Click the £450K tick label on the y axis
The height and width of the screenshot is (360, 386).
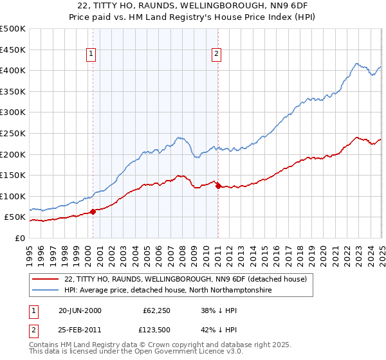coord(13,50)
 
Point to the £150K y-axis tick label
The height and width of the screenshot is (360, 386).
coord(13,175)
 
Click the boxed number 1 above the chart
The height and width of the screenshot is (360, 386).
coord(92,54)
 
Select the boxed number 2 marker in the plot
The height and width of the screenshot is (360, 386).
coord(217,54)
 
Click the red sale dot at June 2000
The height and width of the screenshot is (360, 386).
coord(93,212)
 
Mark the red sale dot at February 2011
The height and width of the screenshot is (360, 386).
coord(218,186)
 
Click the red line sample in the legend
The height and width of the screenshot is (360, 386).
coord(45,280)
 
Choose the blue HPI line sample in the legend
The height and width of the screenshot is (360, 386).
coord(45,291)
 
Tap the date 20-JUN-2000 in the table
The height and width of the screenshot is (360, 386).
coord(80,310)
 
